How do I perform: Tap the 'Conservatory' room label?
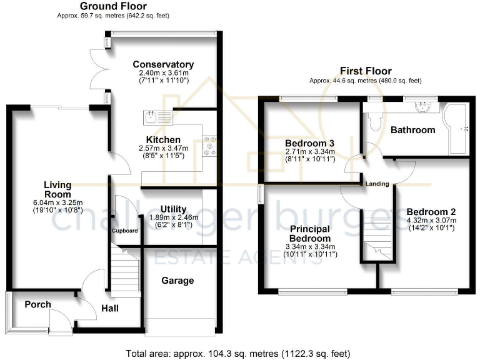point(163,64)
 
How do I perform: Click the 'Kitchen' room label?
point(163,139)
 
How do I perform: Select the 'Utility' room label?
point(173,208)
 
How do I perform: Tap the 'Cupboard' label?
point(124,231)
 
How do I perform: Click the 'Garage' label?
point(178,281)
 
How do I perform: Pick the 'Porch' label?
point(37,304)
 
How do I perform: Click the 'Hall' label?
point(109,308)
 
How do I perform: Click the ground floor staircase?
point(124,268)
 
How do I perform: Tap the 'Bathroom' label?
point(412,130)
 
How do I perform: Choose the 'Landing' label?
point(378,184)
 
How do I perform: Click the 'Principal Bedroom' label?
point(310,234)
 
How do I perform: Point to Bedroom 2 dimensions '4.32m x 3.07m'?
point(431,220)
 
